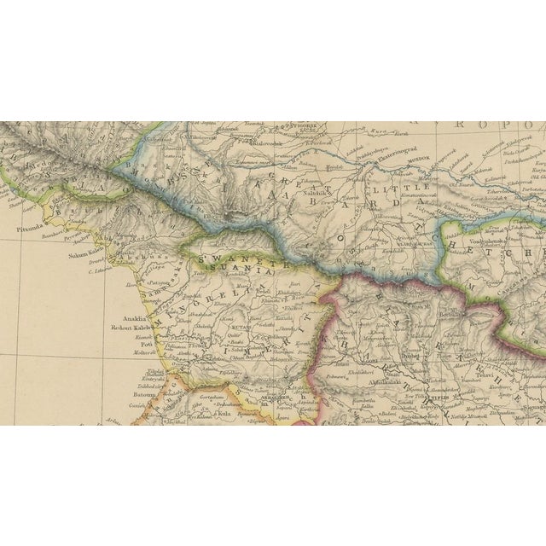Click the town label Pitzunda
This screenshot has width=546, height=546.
click(x=31, y=229)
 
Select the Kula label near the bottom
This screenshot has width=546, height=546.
click(x=224, y=412)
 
